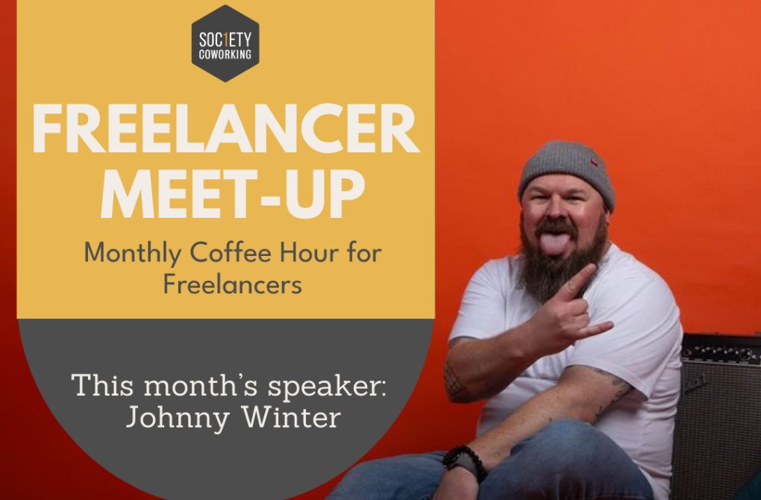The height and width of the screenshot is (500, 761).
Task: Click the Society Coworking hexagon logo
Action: [x=225, y=43]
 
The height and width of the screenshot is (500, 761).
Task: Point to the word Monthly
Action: [x=128, y=253]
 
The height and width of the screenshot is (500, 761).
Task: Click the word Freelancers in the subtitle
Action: [x=232, y=285]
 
